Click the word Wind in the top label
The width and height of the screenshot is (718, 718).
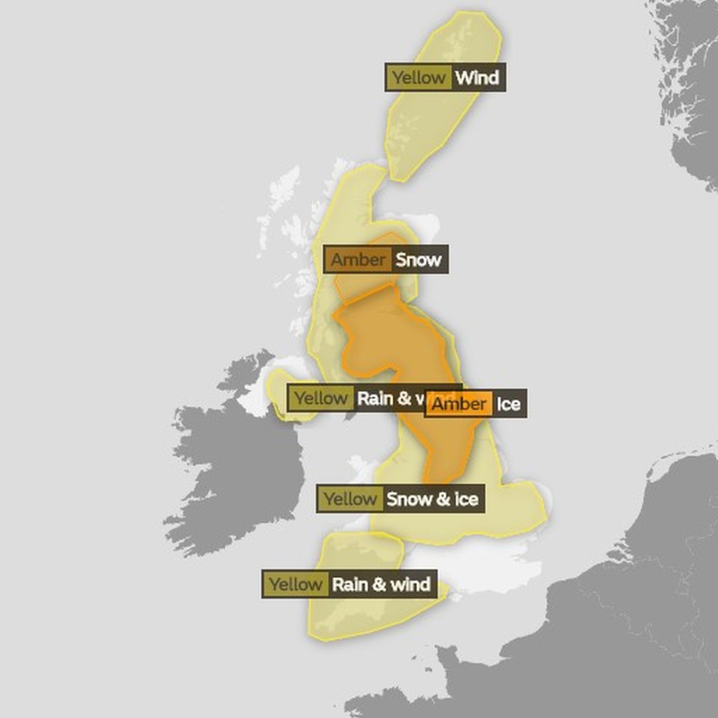point(477,78)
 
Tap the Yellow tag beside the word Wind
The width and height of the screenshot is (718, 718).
point(418,78)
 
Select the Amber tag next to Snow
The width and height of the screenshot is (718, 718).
point(358,260)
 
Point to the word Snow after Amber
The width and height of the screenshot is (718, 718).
point(418,260)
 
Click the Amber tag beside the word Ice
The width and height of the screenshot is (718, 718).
point(458,404)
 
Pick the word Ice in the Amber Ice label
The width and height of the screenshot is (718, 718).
point(508,404)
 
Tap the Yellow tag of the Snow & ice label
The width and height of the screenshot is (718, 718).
point(350,499)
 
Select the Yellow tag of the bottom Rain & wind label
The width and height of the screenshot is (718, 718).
point(295,585)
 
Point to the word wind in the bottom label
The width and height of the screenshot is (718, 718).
point(410,585)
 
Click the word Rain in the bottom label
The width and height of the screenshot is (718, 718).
point(349,585)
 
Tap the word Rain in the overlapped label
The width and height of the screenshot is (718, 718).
point(374,399)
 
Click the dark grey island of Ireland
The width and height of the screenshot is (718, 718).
point(235,471)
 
